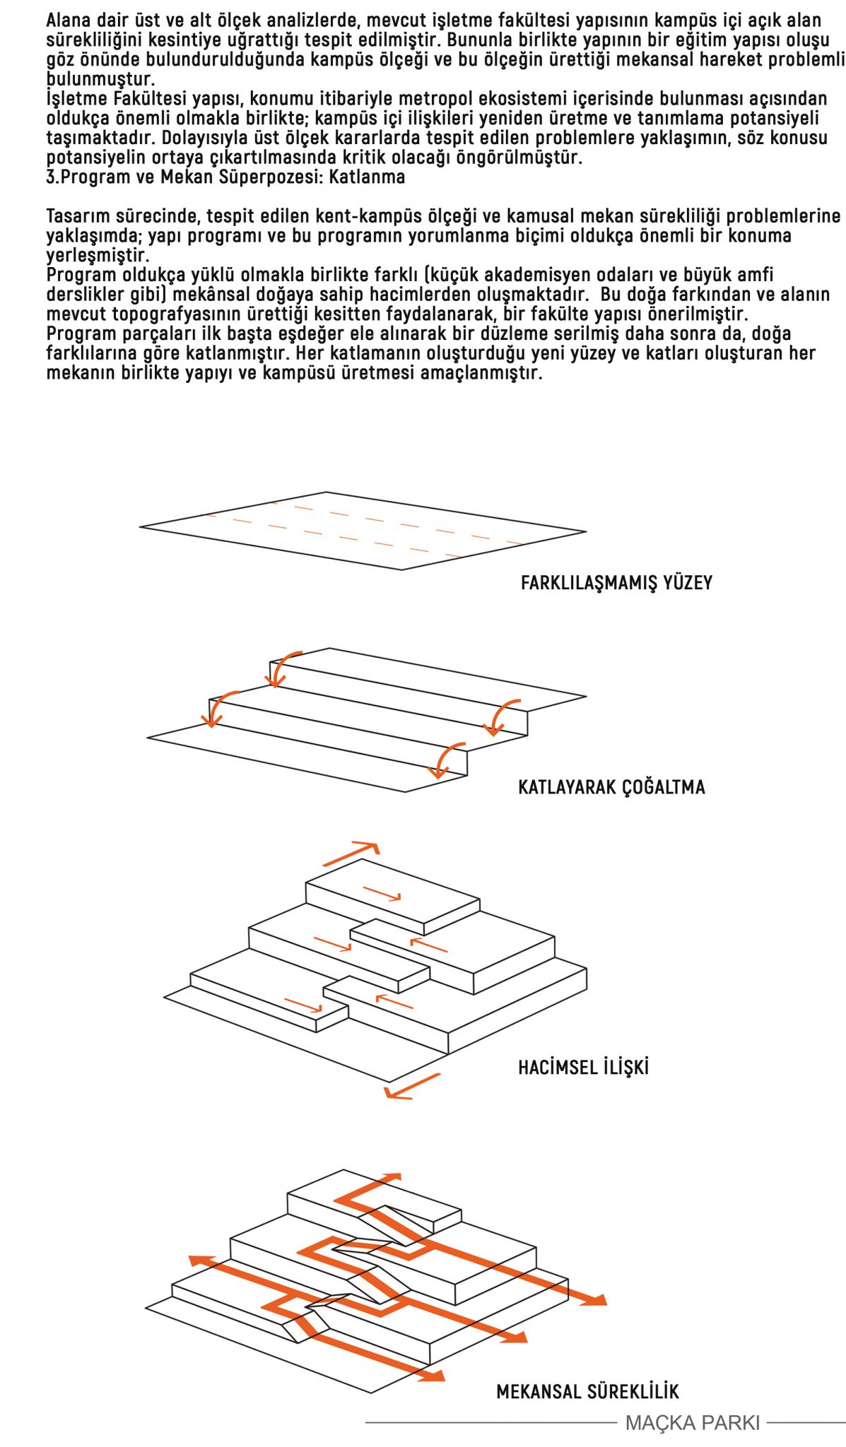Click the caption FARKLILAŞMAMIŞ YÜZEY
616,583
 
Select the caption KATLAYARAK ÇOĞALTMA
611,787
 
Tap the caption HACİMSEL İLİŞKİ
583,1067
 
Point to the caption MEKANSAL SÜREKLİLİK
587,1392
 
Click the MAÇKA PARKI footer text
693,1422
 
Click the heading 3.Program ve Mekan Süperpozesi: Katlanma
226,177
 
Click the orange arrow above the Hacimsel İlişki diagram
351,854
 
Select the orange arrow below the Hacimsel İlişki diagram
413,1087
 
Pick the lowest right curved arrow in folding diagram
447,760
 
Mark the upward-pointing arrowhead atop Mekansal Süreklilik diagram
390,1178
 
